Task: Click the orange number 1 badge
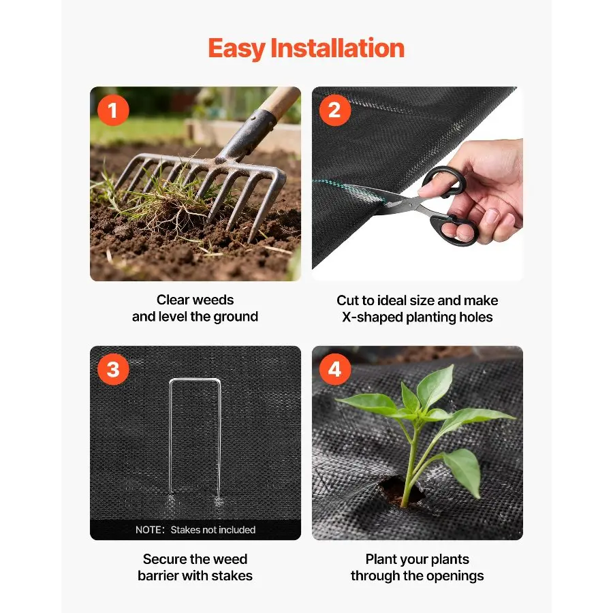[x=113, y=110]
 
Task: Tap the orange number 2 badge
[x=335, y=110]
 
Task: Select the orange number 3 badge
[x=113, y=369]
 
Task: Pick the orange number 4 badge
[x=335, y=369]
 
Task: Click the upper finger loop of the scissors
[x=445, y=180]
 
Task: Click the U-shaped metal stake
[x=195, y=438]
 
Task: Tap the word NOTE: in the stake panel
[x=150, y=530]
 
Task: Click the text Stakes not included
[x=213, y=530]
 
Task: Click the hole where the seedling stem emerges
[x=400, y=490]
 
